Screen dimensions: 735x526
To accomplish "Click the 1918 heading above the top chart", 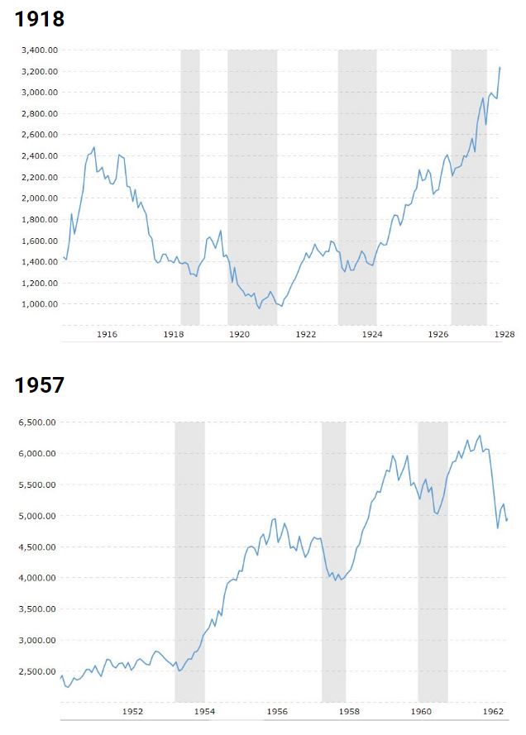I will pyautogui.click(x=39, y=19).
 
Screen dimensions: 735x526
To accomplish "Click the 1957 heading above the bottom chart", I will pyautogui.click(x=39, y=385).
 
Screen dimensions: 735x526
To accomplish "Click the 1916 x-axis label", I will pyautogui.click(x=107, y=335).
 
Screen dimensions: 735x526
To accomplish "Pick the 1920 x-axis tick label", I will pyautogui.click(x=240, y=335).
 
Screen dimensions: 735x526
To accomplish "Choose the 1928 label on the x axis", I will pyautogui.click(x=504, y=335).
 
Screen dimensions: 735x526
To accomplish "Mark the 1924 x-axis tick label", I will pyautogui.click(x=372, y=335).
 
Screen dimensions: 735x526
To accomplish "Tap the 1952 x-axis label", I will pyautogui.click(x=133, y=710).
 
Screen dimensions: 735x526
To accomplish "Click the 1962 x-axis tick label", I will pyautogui.click(x=493, y=710).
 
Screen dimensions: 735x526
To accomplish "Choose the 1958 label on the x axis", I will pyautogui.click(x=349, y=710).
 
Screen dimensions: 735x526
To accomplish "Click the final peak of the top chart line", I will pyautogui.click(x=500, y=68).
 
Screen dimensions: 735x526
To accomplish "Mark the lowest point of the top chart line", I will pyautogui.click(x=259, y=308).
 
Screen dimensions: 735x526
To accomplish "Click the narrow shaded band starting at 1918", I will pyautogui.click(x=190, y=187).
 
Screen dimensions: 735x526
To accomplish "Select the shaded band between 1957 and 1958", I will pyautogui.click(x=333, y=562).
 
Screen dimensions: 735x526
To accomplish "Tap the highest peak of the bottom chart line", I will pyautogui.click(x=481, y=436).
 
